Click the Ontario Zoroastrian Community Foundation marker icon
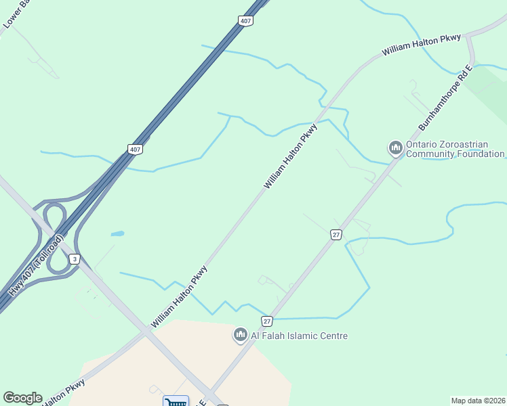(x=395, y=148)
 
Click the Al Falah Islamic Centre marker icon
(x=240, y=335)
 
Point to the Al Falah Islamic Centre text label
(x=299, y=336)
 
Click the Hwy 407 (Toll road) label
(x=36, y=265)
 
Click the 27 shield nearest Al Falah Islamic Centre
(x=267, y=321)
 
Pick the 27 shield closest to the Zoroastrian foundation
(x=336, y=234)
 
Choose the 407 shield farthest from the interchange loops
(x=245, y=22)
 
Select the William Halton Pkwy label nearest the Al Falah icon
(x=180, y=297)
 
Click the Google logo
(x=22, y=398)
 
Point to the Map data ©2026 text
(x=478, y=401)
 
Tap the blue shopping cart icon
(x=176, y=401)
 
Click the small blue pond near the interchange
(x=117, y=233)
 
